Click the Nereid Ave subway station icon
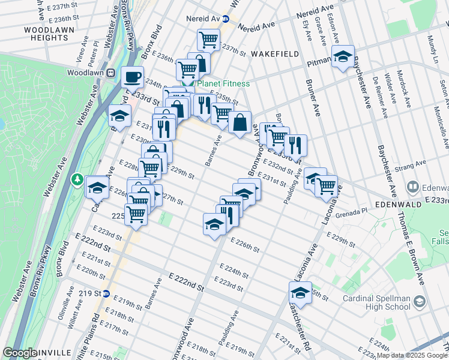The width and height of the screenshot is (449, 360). point(226,19)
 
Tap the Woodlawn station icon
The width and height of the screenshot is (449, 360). point(110,73)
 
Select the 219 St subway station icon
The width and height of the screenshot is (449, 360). point(106,293)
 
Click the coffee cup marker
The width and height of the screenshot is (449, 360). point(131,77)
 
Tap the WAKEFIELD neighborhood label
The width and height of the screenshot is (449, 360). point(275,54)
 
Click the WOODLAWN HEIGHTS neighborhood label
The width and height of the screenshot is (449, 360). point(46,34)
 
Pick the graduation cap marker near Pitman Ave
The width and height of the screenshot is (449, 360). point(342,57)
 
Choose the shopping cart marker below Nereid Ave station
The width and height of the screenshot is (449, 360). point(208,40)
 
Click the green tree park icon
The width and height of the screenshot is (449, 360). point(77,179)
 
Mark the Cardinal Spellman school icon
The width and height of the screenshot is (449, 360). point(420,301)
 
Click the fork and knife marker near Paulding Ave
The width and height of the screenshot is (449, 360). point(295,145)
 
